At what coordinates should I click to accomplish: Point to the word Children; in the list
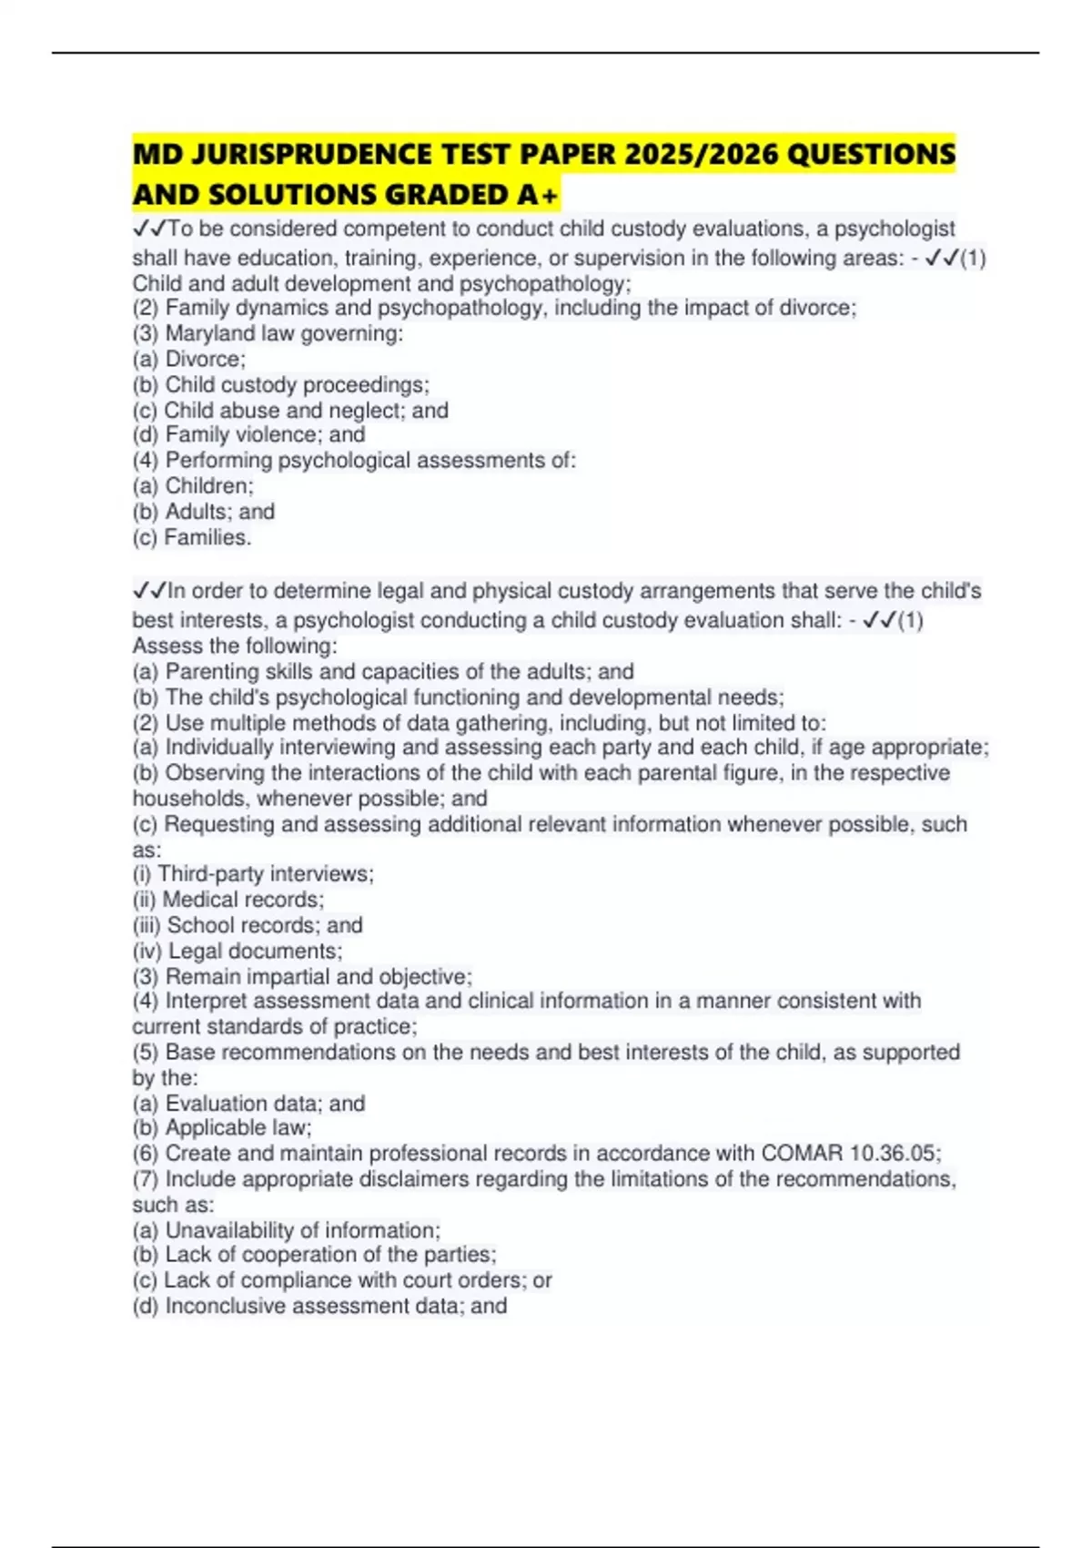pyautogui.click(x=209, y=485)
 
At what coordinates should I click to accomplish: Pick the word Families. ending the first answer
pyautogui.click(x=207, y=537)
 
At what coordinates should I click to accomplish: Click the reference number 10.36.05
pyautogui.click(x=895, y=1153)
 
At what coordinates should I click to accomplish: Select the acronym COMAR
pyautogui.click(x=802, y=1153)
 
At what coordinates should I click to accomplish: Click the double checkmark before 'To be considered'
pyautogui.click(x=150, y=229)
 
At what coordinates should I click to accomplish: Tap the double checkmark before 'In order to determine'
pyautogui.click(x=150, y=591)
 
